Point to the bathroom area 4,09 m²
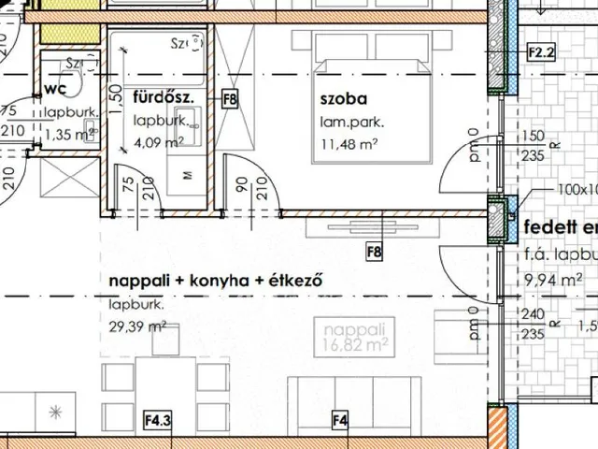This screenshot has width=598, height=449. tap(158, 143)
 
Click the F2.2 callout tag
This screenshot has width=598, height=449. tap(541, 53)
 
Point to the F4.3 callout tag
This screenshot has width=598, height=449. tap(157, 421)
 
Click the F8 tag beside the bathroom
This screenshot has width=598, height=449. tap(230, 96)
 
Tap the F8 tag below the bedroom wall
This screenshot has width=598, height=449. tap(374, 252)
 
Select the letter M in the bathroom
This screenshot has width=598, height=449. tap(189, 175)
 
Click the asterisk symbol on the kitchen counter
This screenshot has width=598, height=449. tap(54, 412)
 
